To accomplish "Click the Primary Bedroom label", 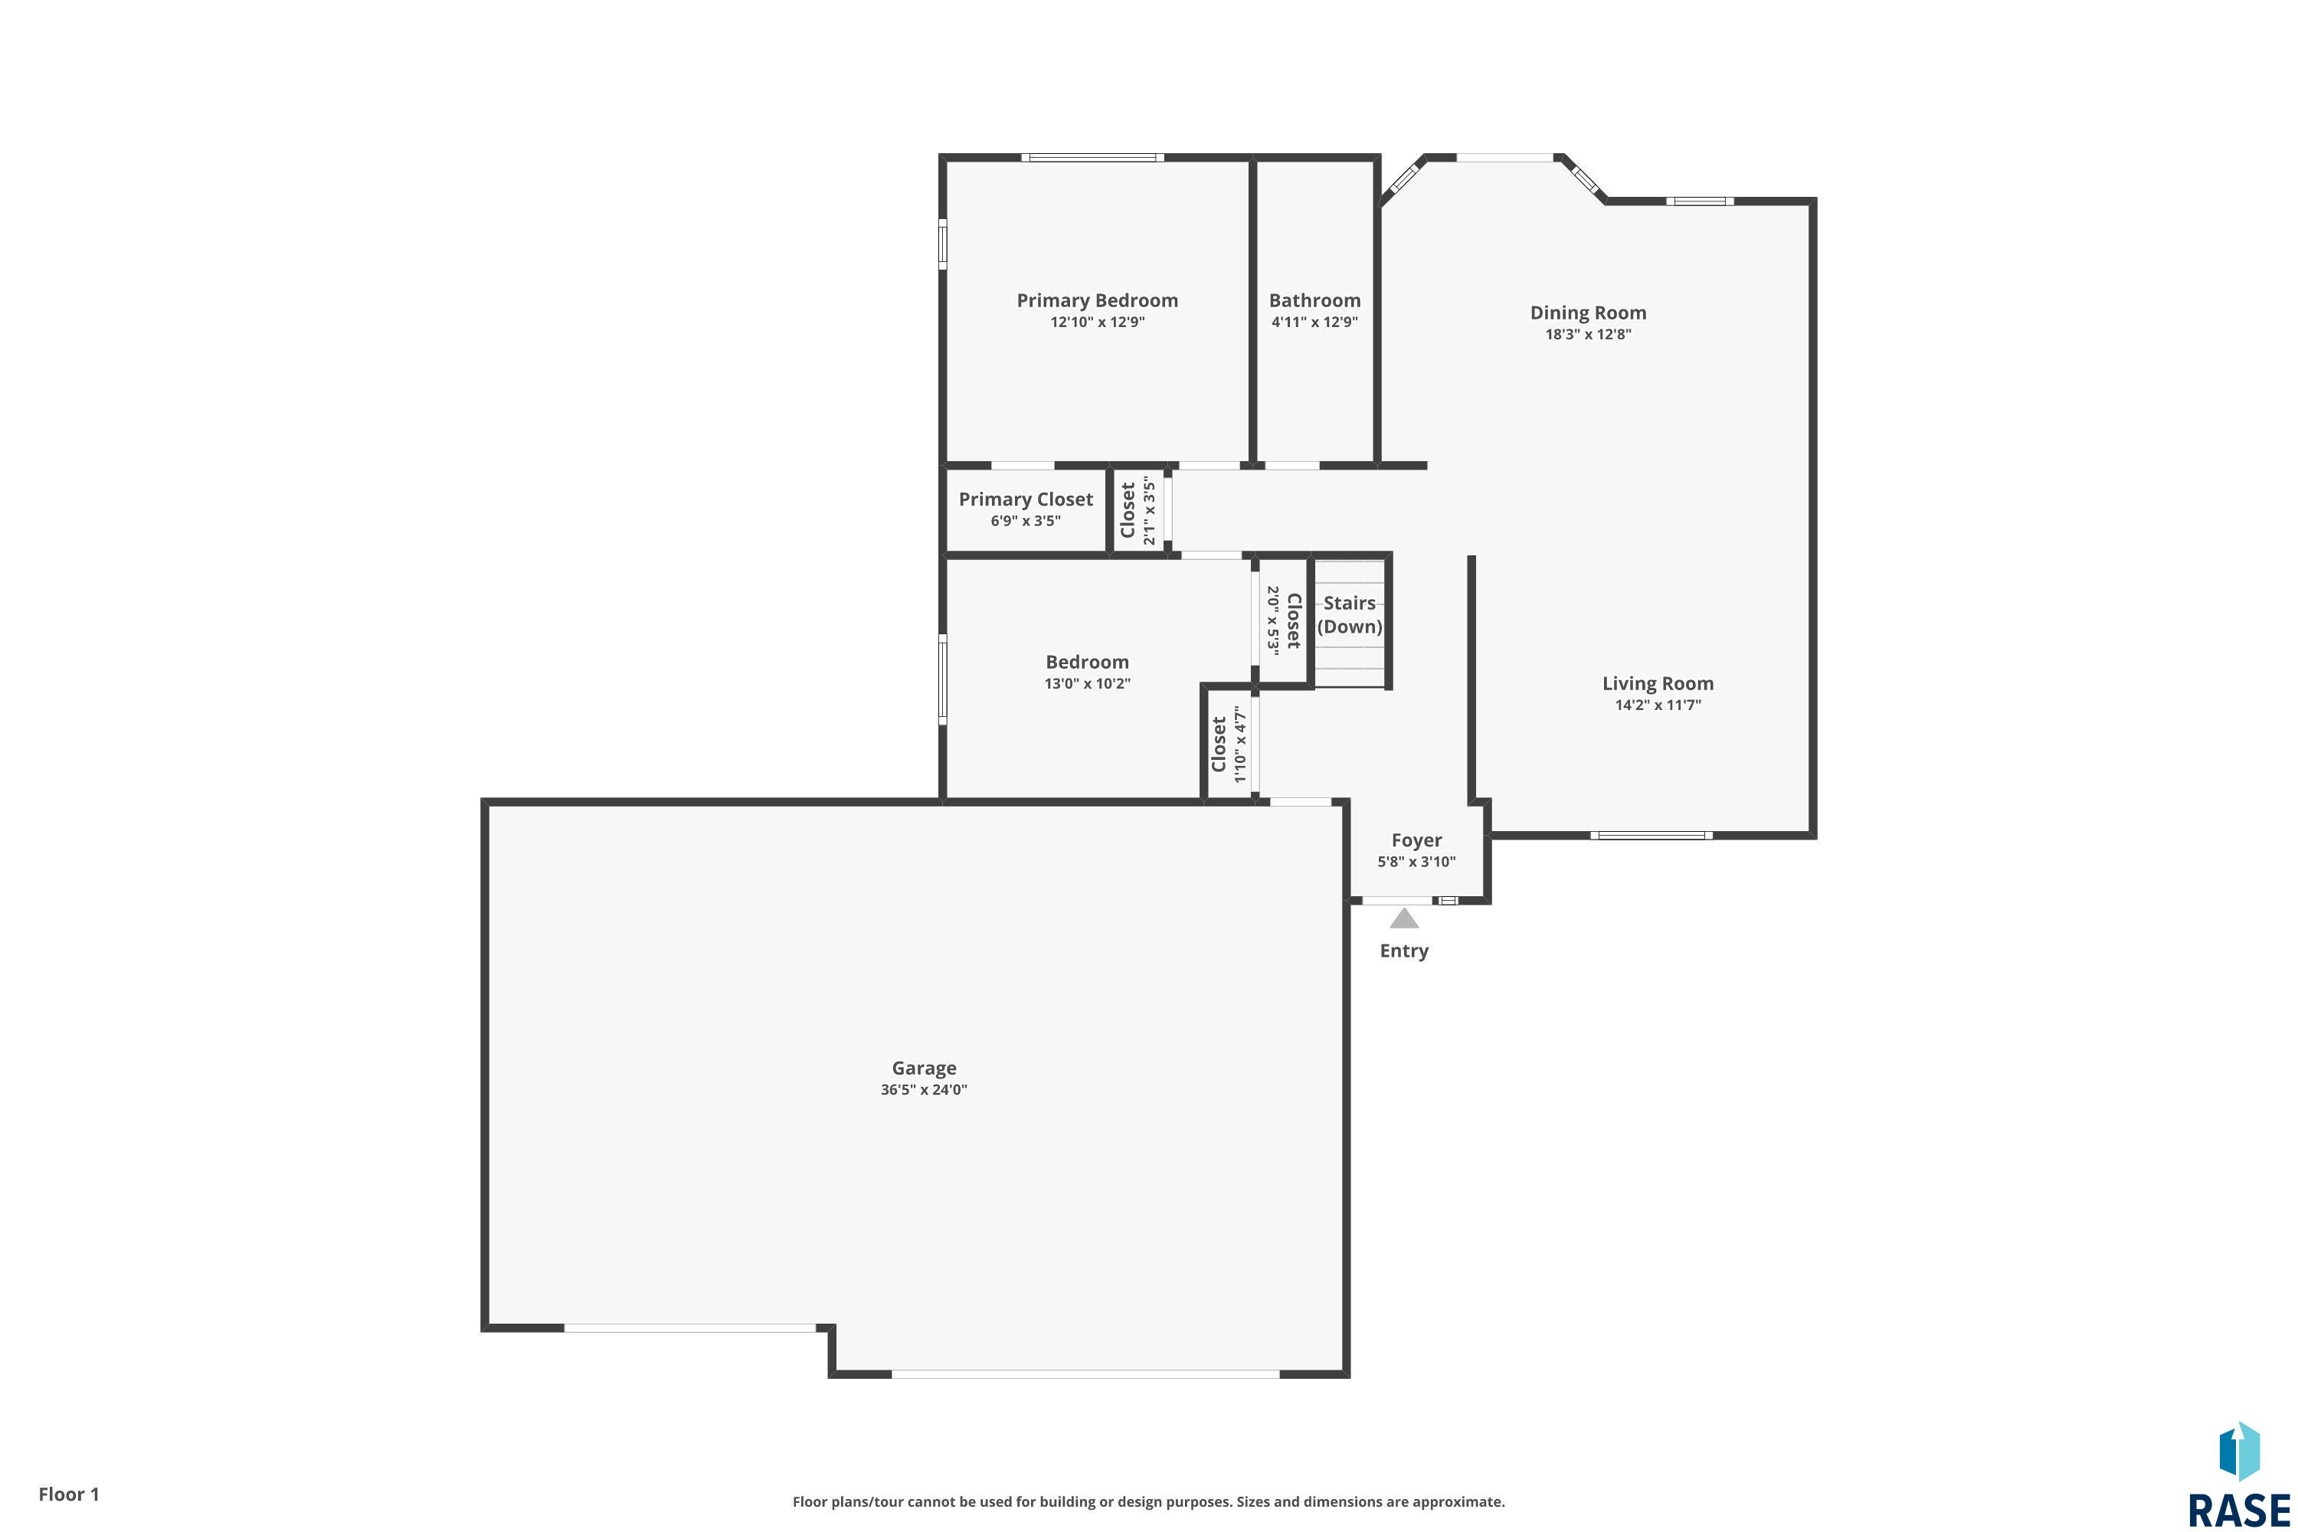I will point(1096,301).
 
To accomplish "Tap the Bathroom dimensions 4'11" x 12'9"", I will point(1314,322).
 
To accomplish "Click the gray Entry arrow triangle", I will point(1404,918).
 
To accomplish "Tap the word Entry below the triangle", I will point(1404,951).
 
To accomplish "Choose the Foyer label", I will point(1416,840).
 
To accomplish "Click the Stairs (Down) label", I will point(1349,614).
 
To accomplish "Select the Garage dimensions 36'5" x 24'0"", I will point(923,1089).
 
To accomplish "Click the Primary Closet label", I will point(1025,499).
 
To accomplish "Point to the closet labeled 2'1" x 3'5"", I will point(1138,511).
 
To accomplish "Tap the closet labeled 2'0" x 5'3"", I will point(1284,620).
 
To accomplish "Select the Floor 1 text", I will point(68,1494).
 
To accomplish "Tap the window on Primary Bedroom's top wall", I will point(1092,157).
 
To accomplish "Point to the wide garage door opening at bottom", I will point(1085,1373).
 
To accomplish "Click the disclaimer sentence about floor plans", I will point(1148,1501).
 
